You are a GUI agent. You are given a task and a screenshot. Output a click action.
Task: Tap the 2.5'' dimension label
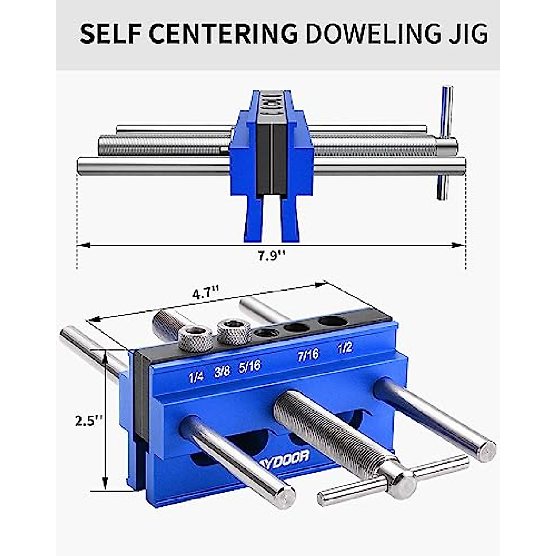(x=88, y=421)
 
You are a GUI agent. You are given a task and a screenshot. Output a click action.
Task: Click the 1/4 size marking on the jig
(x=196, y=377)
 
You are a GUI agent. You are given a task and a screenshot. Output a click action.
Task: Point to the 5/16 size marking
(x=250, y=367)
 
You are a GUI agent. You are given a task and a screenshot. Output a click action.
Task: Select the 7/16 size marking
(x=308, y=355)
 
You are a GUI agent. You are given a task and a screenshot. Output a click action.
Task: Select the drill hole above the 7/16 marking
(x=297, y=328)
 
